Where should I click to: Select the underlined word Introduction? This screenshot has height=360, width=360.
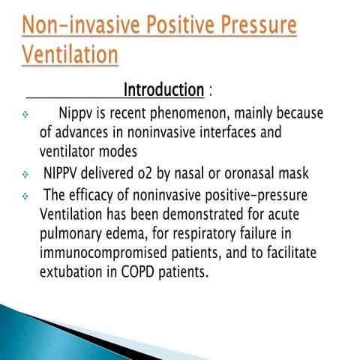coord(163,91)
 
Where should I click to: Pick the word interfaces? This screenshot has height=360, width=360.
coord(213,134)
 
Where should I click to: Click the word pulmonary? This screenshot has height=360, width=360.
coord(73,232)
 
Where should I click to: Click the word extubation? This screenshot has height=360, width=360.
coord(73,271)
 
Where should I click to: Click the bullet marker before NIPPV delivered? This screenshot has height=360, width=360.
coord(25,175)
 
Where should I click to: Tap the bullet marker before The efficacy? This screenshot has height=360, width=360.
coord(25,196)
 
